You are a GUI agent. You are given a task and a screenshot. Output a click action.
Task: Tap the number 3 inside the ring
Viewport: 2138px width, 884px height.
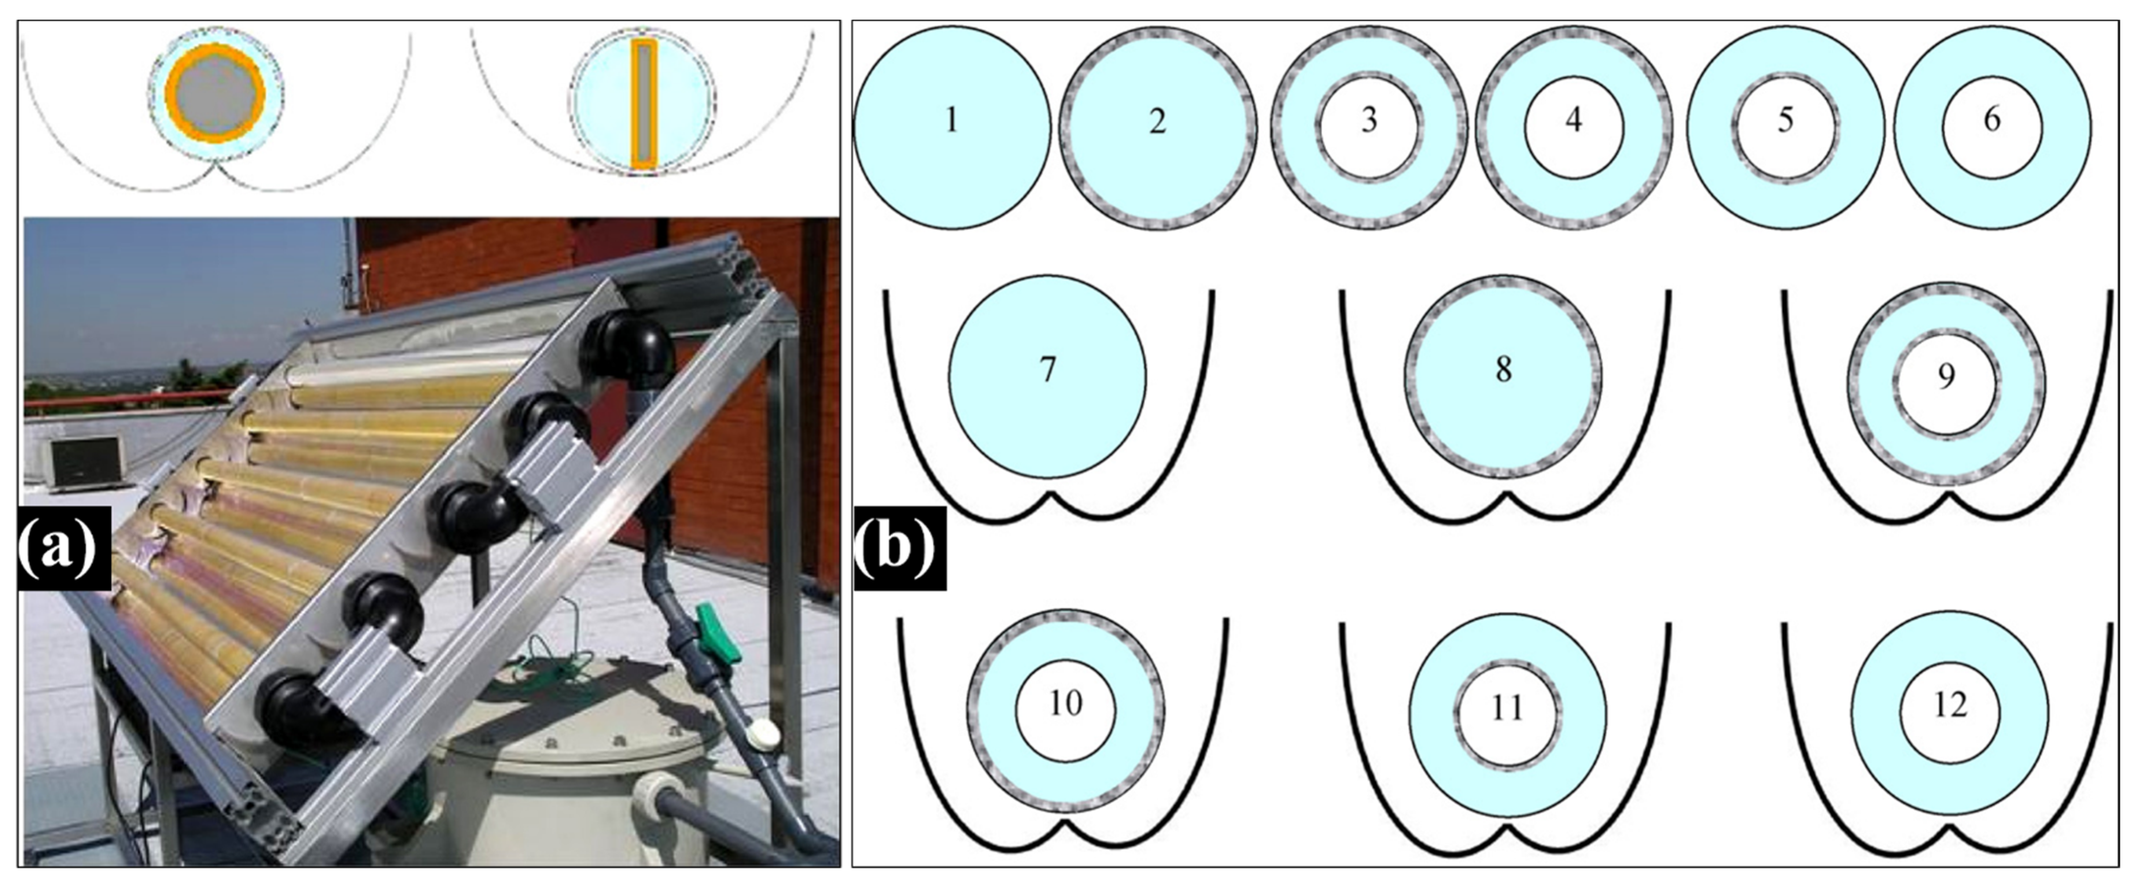coord(1369,121)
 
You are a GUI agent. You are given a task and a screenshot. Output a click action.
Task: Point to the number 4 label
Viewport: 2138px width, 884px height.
coord(1574,121)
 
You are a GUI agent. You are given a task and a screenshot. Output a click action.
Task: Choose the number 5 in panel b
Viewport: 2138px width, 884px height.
coord(1785,121)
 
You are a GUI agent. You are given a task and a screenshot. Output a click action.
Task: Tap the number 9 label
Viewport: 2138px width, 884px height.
coord(1946,376)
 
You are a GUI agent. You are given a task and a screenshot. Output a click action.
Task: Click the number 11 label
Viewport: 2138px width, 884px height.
coord(1507,708)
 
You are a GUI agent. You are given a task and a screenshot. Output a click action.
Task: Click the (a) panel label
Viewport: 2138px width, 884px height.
coord(64,548)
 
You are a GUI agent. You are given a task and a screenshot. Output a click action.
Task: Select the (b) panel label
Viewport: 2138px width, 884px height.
coord(899,548)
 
